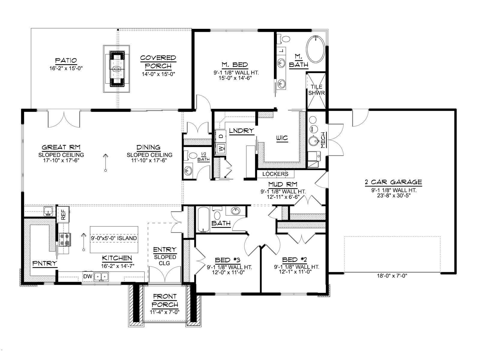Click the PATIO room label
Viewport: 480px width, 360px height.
[x=66, y=60]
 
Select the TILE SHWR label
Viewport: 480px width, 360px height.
[x=316, y=90]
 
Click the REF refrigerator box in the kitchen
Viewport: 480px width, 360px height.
[x=63, y=214]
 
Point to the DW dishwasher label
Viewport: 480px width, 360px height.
[x=88, y=276]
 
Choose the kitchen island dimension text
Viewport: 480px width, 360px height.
[x=114, y=238]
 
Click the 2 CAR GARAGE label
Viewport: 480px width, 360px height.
[x=393, y=182]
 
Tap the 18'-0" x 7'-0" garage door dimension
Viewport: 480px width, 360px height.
[x=392, y=276]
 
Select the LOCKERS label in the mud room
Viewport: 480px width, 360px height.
[x=275, y=174]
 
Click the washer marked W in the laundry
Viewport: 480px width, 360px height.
[x=221, y=149]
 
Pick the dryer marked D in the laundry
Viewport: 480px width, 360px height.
[x=221, y=136]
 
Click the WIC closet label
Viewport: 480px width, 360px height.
[x=282, y=138]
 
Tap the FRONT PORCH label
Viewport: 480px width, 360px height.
[x=165, y=300]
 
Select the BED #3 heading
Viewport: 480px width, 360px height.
[x=228, y=260]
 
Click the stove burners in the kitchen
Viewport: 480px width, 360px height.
[x=64, y=240]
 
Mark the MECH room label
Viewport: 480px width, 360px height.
[x=322, y=140]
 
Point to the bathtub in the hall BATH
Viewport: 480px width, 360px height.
[x=204, y=220]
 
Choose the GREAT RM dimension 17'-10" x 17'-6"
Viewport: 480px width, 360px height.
[x=61, y=160]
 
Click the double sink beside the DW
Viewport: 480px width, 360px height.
[x=101, y=277]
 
